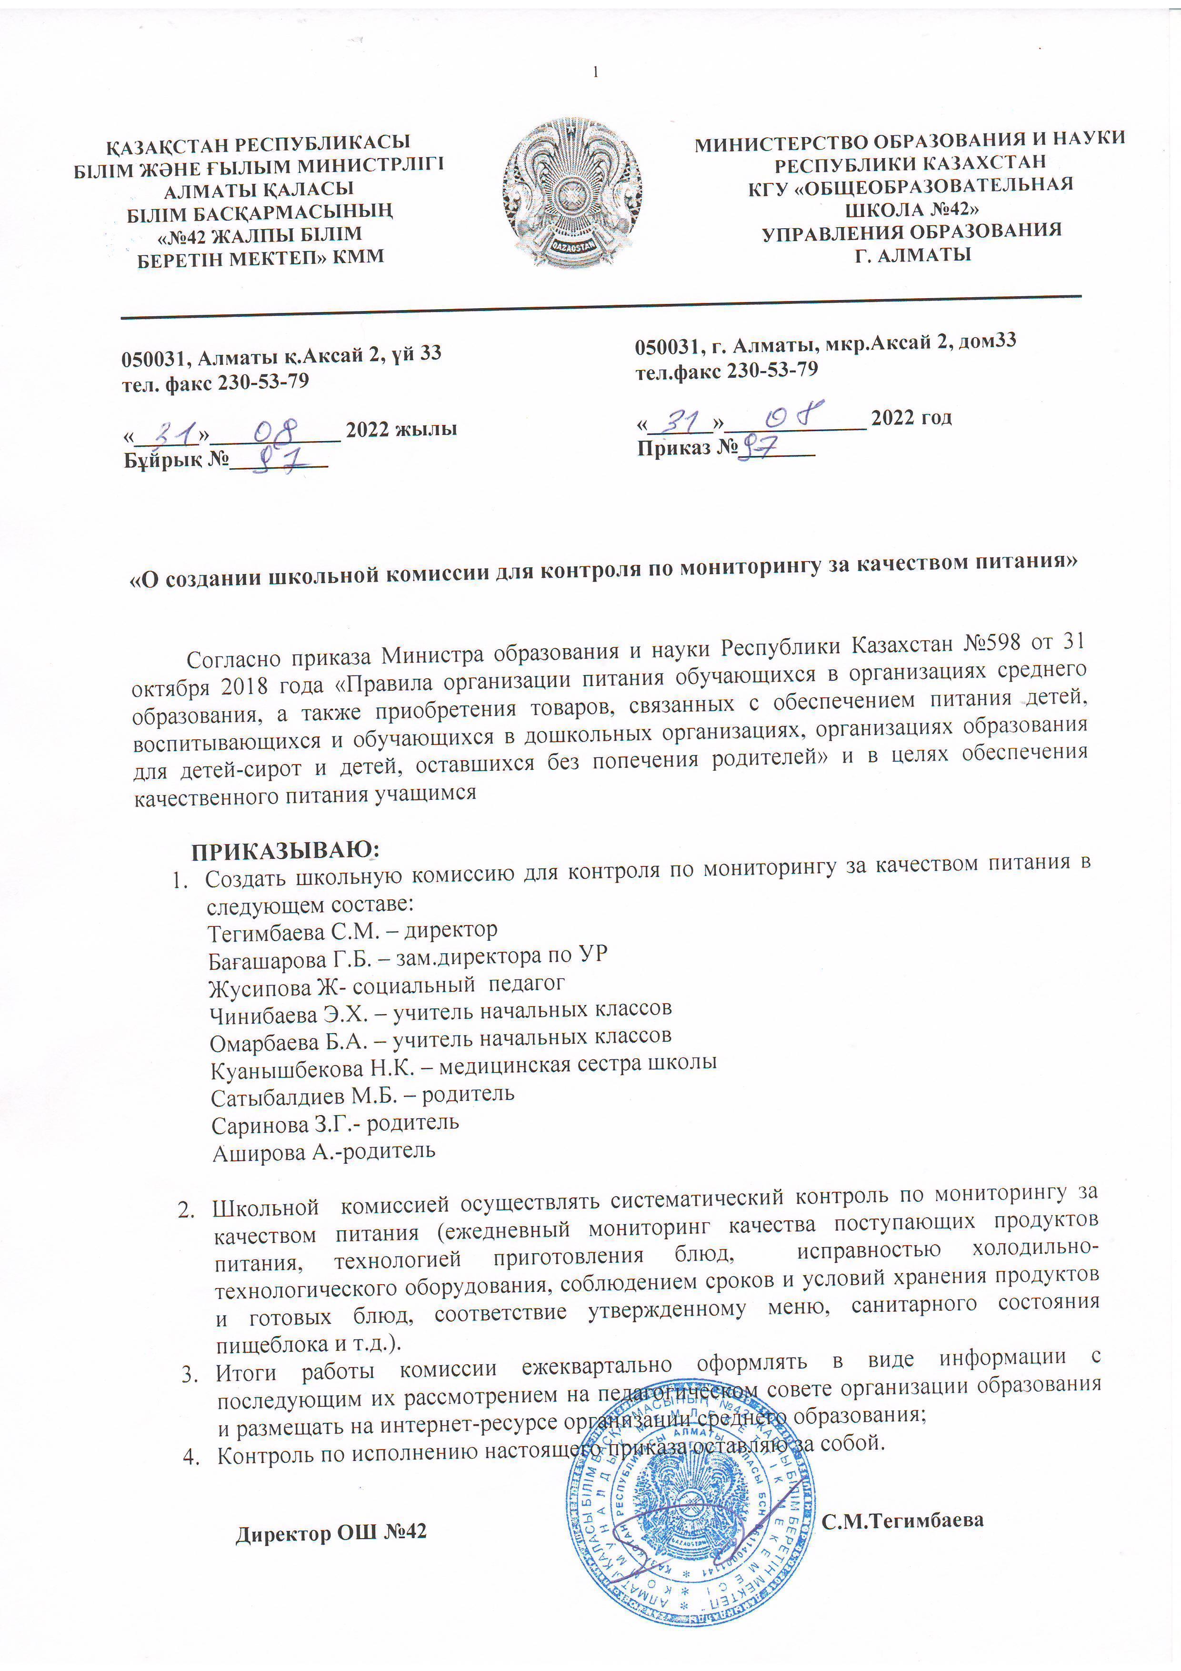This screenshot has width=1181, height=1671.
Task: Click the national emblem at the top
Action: pyautogui.click(x=572, y=193)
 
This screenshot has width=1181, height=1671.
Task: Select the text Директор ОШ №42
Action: pyautogui.click(x=330, y=1532)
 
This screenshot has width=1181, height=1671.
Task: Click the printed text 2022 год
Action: pyautogui.click(x=911, y=418)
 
